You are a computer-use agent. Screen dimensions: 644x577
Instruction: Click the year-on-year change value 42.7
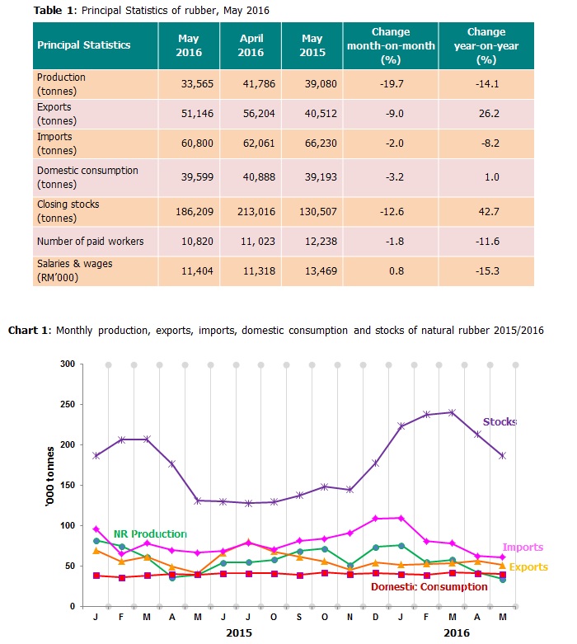(x=486, y=211)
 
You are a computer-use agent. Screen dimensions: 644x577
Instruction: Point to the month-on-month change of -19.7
(x=379, y=84)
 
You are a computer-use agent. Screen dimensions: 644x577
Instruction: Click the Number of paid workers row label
(x=91, y=241)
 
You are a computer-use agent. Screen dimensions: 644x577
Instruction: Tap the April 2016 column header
(x=251, y=45)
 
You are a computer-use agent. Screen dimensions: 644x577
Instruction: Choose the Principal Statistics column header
(x=84, y=45)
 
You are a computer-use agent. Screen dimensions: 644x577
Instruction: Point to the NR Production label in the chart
(x=150, y=534)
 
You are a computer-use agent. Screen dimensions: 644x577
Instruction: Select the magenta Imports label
(x=523, y=548)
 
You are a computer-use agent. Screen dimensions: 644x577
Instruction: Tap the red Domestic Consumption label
(x=429, y=587)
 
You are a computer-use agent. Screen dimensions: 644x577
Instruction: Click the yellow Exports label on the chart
(x=528, y=567)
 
